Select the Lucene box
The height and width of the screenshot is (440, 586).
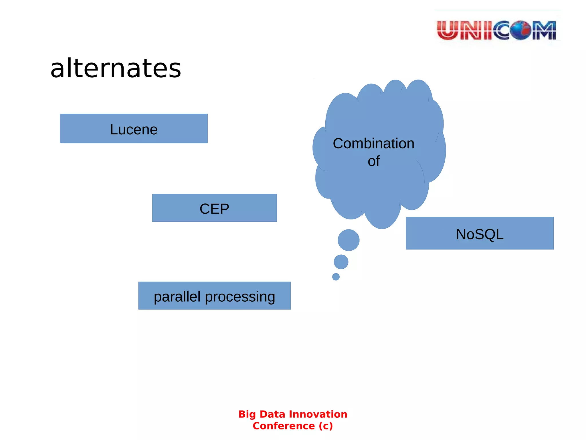(134, 129)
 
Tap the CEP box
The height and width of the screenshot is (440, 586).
(214, 208)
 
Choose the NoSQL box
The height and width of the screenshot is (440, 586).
(480, 233)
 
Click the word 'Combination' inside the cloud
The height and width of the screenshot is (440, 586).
(373, 144)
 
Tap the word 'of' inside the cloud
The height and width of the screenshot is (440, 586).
(374, 161)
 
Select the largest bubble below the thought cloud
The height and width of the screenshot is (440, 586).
(349, 240)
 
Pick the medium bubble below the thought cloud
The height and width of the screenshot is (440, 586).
(341, 262)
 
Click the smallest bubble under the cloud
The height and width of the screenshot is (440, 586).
(336, 277)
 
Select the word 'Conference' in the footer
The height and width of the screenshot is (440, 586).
(284, 426)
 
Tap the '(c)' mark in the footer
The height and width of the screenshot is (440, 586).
(326, 426)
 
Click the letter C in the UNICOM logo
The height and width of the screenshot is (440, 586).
(501, 30)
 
